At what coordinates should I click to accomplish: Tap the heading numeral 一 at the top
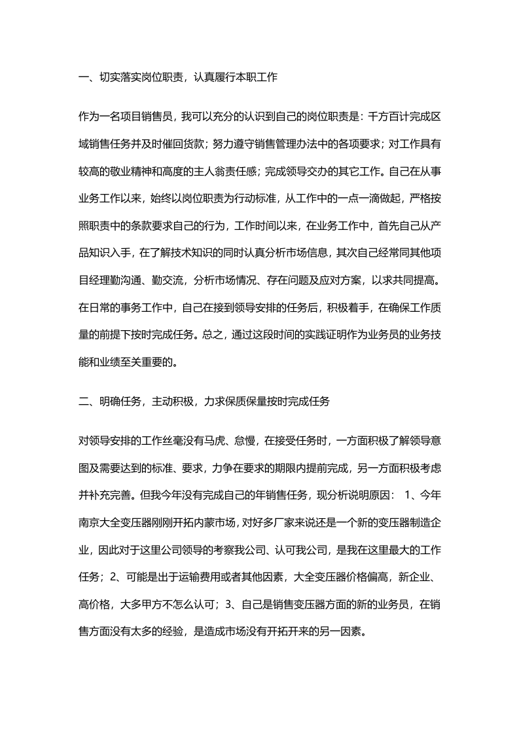(82, 78)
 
